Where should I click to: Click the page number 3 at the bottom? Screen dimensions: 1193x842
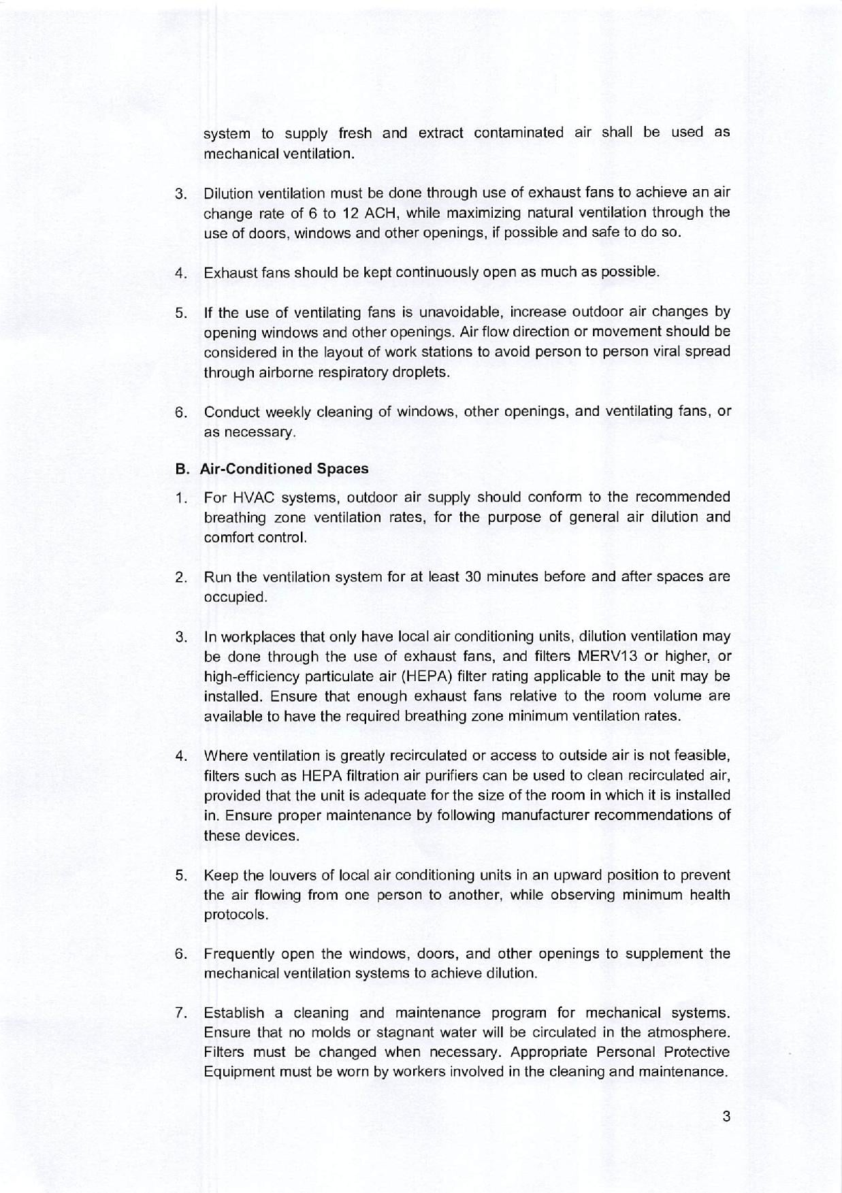pos(726,1116)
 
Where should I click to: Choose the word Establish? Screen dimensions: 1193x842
pos(233,1013)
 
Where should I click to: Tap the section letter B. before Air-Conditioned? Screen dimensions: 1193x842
pos(182,469)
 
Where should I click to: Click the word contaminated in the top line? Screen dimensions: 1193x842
pos(519,133)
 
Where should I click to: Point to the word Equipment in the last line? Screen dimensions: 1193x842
pos(237,1073)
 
